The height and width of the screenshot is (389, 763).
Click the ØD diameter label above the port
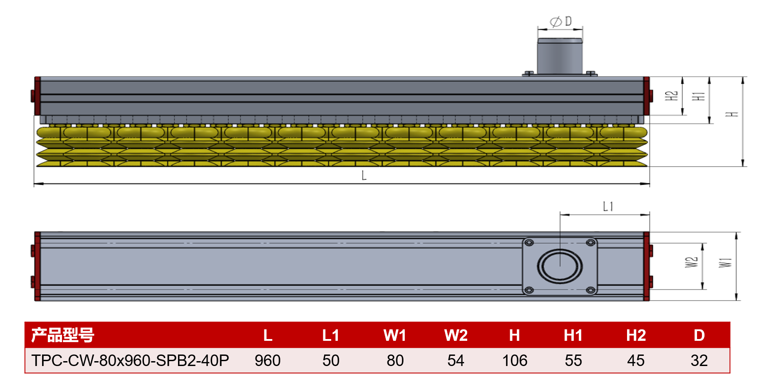point(561,21)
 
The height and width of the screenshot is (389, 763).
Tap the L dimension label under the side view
point(364,175)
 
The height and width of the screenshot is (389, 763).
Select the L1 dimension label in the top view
point(608,206)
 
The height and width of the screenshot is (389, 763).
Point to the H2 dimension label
point(672,95)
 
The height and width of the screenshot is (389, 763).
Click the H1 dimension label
point(698,96)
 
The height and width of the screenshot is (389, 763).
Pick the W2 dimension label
point(691,262)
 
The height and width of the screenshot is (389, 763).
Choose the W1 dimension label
point(725,263)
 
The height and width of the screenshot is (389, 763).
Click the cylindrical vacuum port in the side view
point(560,56)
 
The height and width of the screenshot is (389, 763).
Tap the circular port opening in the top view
point(560,266)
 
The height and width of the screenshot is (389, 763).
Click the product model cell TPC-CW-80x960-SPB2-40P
point(130,361)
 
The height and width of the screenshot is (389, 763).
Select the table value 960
point(267,361)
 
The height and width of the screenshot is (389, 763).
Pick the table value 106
point(515,361)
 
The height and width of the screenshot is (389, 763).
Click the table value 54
point(456,361)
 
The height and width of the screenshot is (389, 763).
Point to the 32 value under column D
point(699,361)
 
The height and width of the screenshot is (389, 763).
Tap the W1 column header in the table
point(395,336)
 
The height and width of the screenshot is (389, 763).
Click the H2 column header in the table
point(636,336)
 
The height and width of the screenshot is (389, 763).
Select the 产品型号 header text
point(62,335)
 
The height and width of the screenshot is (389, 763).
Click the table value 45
point(636,361)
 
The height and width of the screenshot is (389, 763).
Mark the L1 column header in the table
point(331,336)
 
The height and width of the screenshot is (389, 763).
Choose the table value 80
point(395,361)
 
